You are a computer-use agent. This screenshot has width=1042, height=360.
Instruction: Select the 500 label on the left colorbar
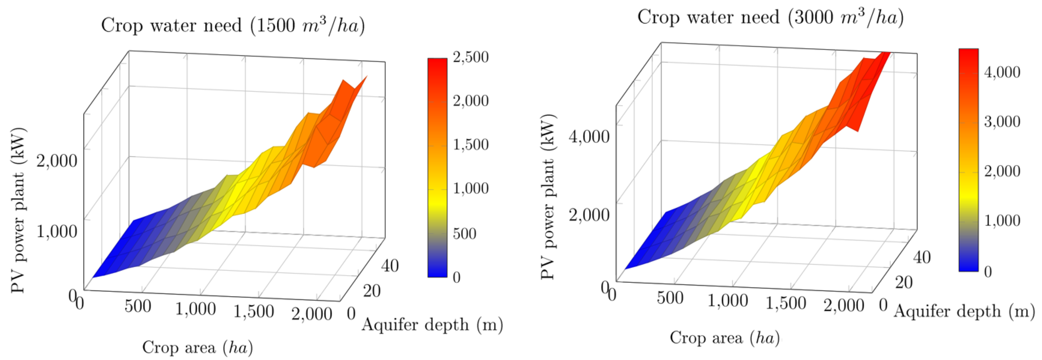pos(465,233)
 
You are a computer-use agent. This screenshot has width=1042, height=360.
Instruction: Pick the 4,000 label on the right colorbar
pos(1002,72)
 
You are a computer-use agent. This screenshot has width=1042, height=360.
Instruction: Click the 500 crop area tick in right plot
pos(670,299)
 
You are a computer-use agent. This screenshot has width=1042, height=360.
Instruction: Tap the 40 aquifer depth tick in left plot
pos(389,266)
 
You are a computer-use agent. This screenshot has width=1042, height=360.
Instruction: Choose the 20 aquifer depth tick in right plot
pos(904,282)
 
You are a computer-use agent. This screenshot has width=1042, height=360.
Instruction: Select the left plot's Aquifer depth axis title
pos(432,325)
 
